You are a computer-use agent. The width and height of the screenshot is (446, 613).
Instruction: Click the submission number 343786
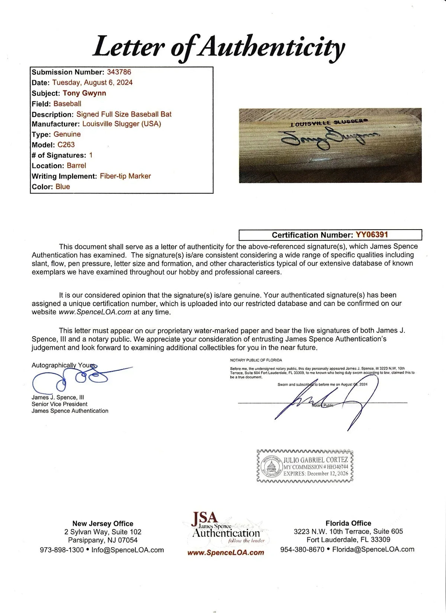(x=119, y=72)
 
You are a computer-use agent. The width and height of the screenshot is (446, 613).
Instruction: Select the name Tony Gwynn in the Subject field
(x=84, y=93)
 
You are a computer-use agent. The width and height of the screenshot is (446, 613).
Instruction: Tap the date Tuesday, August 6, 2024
(x=92, y=82)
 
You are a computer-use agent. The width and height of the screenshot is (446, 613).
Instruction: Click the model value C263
(x=66, y=145)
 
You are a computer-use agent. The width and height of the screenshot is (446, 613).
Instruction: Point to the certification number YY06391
(x=372, y=235)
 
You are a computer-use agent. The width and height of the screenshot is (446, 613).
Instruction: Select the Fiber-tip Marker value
(x=125, y=176)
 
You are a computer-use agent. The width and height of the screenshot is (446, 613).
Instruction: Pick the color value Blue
(x=63, y=187)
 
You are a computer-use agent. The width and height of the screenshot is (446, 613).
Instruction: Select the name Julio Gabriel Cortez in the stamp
(x=316, y=460)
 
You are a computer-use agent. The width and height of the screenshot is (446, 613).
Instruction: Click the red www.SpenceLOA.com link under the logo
(x=226, y=553)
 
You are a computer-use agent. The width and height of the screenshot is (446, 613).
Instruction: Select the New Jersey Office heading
(x=103, y=523)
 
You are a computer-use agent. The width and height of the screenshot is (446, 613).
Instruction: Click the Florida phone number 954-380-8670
(x=302, y=549)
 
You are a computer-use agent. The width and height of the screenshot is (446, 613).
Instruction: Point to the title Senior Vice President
(x=59, y=404)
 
